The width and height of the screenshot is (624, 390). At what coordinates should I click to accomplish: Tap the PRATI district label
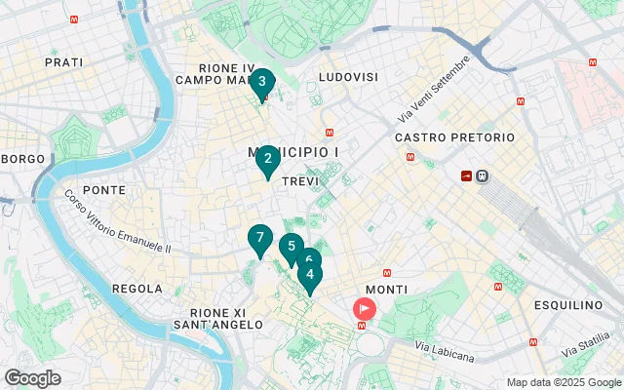click(x=64, y=62)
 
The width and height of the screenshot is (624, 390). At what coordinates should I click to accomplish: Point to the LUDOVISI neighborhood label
click(x=346, y=76)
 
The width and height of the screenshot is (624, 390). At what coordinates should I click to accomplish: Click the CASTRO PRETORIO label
click(x=454, y=137)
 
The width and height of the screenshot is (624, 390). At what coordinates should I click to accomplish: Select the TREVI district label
click(x=299, y=182)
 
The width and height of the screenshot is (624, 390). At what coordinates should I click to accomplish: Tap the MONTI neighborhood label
click(x=386, y=290)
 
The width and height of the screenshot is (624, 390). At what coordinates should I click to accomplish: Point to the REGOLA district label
click(x=137, y=289)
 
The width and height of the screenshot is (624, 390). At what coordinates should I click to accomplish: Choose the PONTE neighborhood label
click(x=104, y=190)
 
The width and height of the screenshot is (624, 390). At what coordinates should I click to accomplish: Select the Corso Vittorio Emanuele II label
click(x=117, y=224)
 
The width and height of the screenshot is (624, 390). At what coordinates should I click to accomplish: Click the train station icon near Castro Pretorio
click(x=484, y=176)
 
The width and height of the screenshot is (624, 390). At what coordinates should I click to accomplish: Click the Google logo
click(x=33, y=378)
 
